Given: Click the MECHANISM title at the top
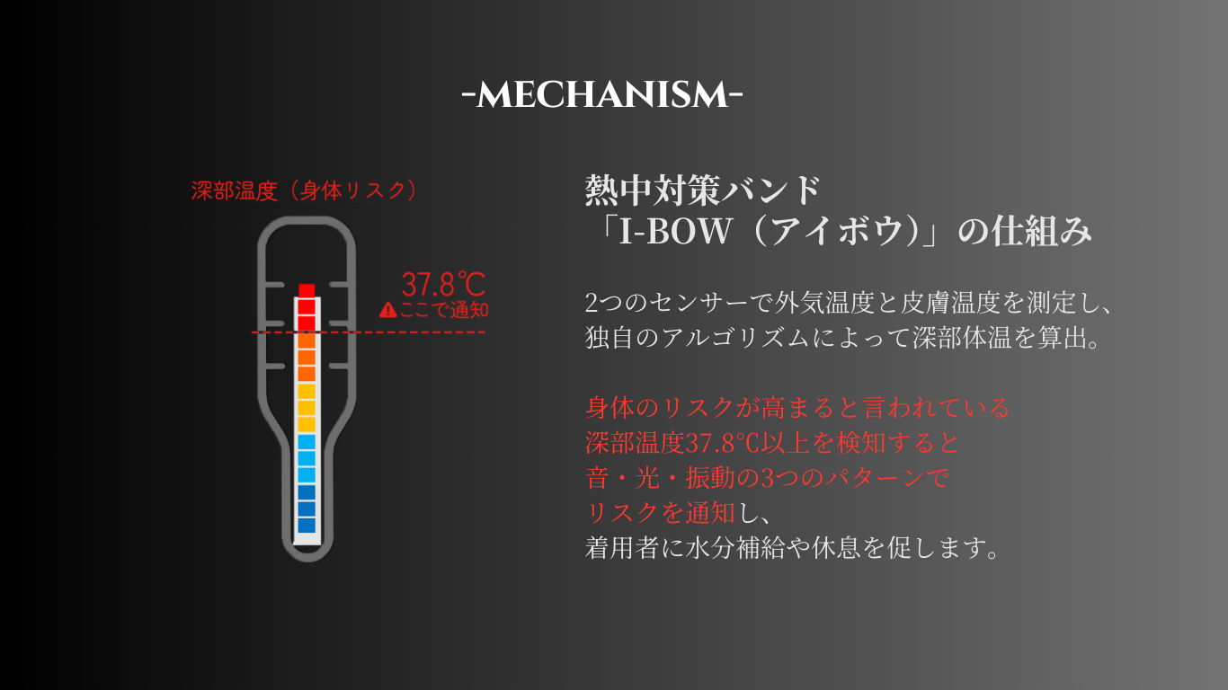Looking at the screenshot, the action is coord(602,95).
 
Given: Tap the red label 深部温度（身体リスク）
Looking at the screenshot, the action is coord(304,190).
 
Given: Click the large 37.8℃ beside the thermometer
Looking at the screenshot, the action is coord(443,285).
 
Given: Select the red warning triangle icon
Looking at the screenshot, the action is coord(387,310).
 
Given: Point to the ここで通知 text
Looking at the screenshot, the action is coord(444,310).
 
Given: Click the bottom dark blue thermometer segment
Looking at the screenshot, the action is coord(307,525).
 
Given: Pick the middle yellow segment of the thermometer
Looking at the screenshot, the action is coord(307,408).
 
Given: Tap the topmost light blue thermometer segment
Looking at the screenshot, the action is coord(307,442).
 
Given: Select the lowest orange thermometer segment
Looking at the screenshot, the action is coord(307,374).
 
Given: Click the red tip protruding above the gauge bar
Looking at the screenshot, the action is coord(307,290).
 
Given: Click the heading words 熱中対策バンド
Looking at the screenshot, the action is coord(703,190).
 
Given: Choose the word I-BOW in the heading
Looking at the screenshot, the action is coord(675,231).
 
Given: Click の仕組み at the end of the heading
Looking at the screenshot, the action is coord(1025,231).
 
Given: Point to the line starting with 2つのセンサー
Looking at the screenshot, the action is coord(849,303).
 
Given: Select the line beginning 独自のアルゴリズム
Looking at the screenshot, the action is coord(843,338).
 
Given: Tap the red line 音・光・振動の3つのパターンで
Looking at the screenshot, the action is coord(767,478).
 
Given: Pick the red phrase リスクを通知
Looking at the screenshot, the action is coord(660,513).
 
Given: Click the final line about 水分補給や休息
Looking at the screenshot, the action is coord(793,548).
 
